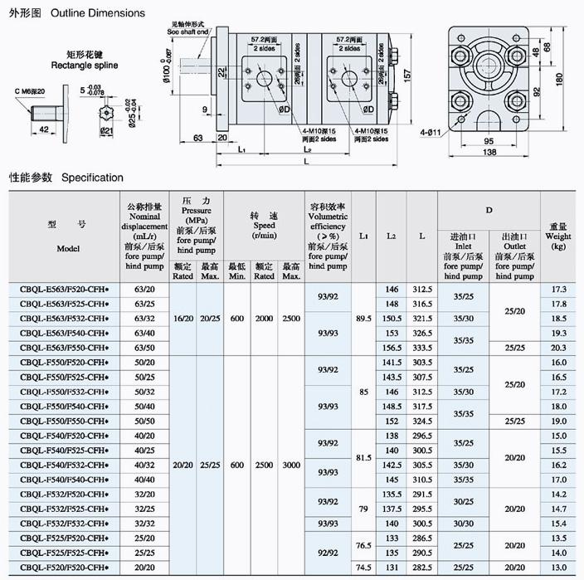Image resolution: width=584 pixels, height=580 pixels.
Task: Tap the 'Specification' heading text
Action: coord(92,178)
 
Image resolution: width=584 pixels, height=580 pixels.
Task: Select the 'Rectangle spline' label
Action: coord(84,64)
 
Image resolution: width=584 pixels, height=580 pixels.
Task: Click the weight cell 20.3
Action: coord(558,347)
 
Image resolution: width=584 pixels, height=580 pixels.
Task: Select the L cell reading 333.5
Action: coord(422,347)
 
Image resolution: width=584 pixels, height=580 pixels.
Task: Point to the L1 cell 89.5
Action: coord(363,319)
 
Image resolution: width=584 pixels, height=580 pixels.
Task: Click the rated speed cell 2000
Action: coord(265,319)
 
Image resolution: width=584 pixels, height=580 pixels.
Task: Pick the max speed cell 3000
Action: coord(291,465)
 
